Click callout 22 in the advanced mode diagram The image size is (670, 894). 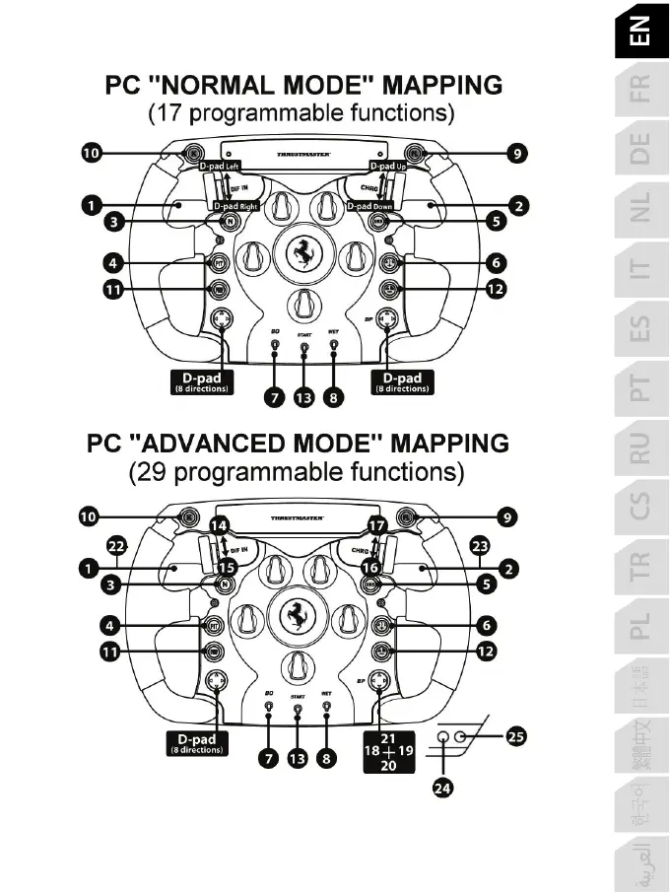point(117,545)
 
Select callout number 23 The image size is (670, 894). point(481,545)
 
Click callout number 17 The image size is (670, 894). point(376,525)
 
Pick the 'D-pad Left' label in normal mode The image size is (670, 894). point(228,167)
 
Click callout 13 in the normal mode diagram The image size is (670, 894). point(303,397)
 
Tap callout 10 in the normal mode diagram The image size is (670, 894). point(91,153)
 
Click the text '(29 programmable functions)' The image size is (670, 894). point(297,472)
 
